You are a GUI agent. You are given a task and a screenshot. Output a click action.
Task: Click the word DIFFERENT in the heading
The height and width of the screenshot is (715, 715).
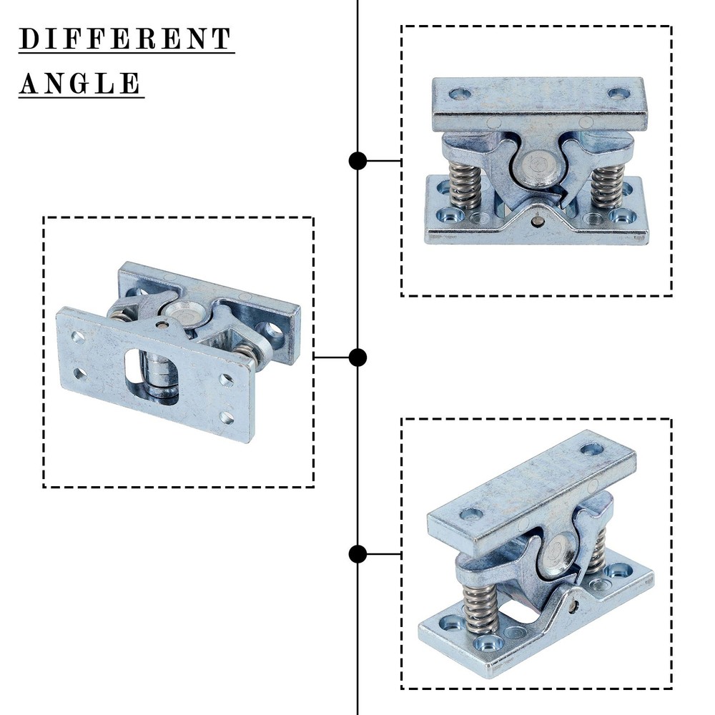click(x=126, y=39)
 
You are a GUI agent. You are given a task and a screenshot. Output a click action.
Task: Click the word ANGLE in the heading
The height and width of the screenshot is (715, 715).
click(x=81, y=84)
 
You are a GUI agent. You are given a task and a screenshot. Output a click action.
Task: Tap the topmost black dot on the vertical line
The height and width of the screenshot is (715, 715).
click(x=357, y=161)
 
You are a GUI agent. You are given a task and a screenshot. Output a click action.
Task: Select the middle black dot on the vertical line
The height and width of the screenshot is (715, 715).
click(x=357, y=357)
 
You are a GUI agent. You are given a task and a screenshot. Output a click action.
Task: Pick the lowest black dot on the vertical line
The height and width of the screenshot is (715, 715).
click(x=357, y=553)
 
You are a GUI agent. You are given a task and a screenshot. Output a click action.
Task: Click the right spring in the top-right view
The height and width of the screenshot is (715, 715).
click(x=607, y=187)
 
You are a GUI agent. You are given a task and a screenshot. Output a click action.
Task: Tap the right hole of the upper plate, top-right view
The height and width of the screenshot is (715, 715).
click(x=618, y=93)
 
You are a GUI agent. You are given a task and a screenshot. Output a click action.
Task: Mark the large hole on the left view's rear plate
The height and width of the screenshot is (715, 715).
click(x=271, y=331)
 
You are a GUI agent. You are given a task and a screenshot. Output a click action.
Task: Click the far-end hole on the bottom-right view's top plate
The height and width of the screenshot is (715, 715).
click(x=591, y=449)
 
